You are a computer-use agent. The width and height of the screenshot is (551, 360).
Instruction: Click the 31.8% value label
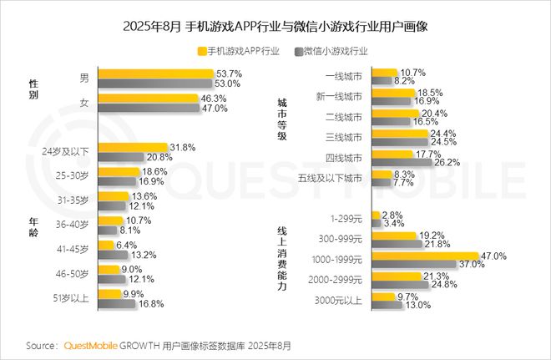click(x=182, y=148)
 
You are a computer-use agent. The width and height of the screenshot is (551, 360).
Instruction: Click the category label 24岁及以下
click(x=70, y=153)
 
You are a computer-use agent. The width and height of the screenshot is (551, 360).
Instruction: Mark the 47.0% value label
click(x=494, y=256)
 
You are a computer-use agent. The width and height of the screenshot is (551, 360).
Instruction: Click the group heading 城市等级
click(x=282, y=119)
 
